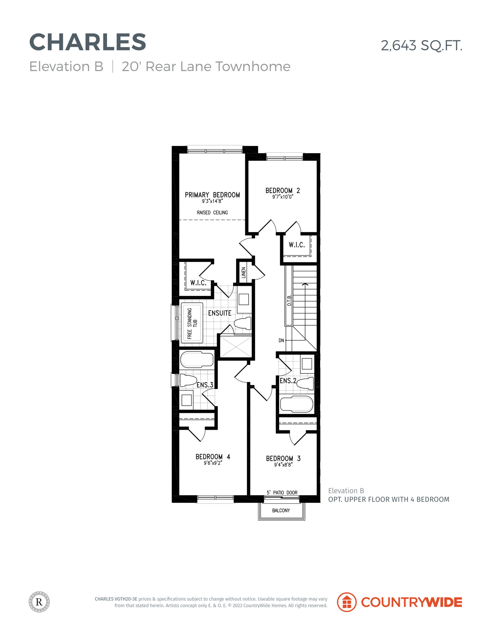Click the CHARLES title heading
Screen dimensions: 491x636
click(x=88, y=42)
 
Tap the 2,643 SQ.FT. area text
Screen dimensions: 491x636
click(x=422, y=46)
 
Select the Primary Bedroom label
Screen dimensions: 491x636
click(x=212, y=195)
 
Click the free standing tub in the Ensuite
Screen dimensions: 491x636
click(x=192, y=323)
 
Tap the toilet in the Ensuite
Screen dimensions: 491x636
click(x=243, y=323)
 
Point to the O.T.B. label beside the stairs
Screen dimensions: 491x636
click(x=289, y=300)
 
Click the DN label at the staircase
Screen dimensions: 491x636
click(x=281, y=340)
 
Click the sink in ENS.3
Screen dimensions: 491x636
click(x=187, y=400)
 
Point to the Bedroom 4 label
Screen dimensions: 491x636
click(x=213, y=457)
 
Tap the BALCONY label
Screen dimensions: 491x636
click(x=281, y=510)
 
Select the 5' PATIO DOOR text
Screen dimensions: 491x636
click(x=282, y=492)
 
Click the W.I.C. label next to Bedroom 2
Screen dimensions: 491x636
click(x=297, y=245)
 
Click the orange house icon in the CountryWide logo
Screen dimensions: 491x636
click(x=347, y=602)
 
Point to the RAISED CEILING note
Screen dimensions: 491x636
click(x=212, y=213)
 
